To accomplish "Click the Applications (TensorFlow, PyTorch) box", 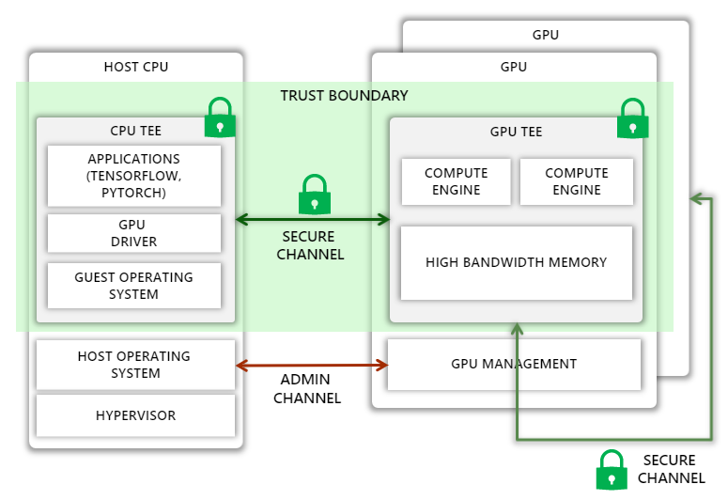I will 134,176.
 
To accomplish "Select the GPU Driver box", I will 134,233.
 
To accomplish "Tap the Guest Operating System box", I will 134,286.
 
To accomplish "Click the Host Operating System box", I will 134,365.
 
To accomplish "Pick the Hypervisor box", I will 134,415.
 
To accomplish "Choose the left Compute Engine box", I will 456,181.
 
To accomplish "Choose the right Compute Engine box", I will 577,181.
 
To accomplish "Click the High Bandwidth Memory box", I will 516,262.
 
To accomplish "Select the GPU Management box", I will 514,364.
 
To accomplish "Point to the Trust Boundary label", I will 344,96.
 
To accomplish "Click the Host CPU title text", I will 136,67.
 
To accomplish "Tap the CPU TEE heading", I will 136,132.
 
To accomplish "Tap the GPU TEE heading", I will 516,132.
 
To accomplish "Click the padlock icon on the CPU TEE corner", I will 220,118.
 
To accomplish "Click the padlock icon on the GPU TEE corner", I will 632,118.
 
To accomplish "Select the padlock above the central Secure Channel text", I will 314,195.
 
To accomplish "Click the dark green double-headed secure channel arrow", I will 312,220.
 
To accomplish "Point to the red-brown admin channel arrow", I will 312,365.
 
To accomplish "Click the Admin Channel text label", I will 306,389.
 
